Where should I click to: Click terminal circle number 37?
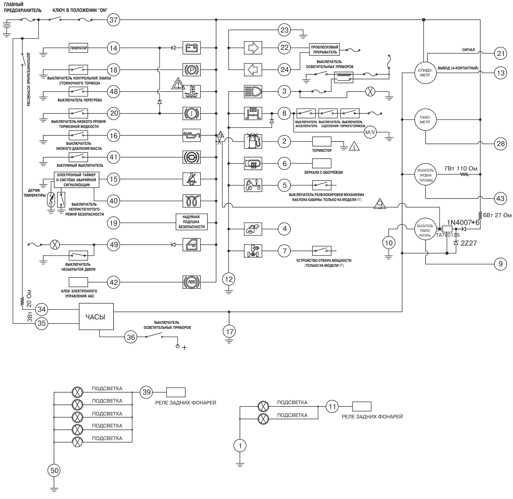tap(113, 20)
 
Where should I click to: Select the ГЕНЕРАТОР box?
tap(78, 48)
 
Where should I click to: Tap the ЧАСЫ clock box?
tap(96, 316)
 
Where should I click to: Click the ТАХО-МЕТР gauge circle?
tap(425, 120)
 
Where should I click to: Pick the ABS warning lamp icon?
tap(191, 282)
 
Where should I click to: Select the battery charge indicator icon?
tap(191, 48)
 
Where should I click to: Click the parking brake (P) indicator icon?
tap(191, 70)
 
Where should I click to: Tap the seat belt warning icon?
tap(191, 179)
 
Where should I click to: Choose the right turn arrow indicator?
tap(253, 48)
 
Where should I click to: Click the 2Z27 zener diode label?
tap(469, 243)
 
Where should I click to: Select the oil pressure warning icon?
tap(191, 135)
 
